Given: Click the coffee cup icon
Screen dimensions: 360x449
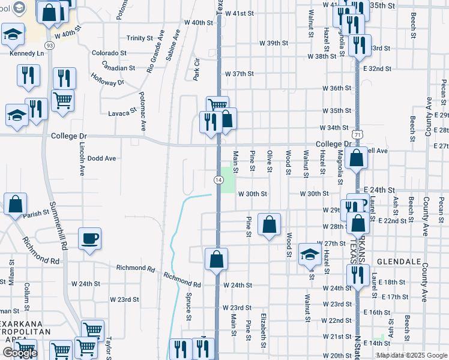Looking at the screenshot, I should click(x=90, y=239).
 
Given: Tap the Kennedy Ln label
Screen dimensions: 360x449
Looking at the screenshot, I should click(x=23, y=54).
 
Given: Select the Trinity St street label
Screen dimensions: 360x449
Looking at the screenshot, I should click(x=140, y=38).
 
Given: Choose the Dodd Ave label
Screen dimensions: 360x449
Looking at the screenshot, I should click(x=101, y=158).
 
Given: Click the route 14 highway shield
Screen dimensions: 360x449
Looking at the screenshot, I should click(x=218, y=180).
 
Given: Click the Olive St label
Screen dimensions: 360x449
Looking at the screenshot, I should click(x=270, y=161).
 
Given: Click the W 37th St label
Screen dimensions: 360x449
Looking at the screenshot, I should click(x=240, y=74).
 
